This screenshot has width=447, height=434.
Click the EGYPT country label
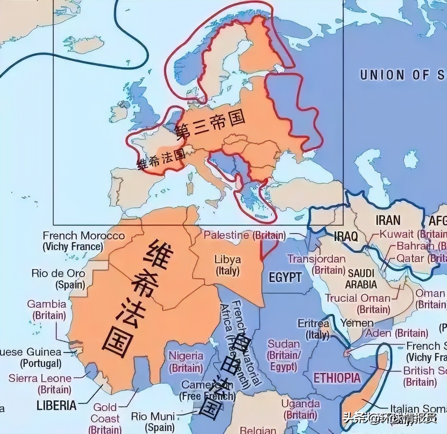pyautogui.click(x=285, y=277)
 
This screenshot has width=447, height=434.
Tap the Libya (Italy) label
pyautogui.click(x=227, y=265)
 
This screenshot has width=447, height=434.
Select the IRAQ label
pyautogui.click(x=346, y=236)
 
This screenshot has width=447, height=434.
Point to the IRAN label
pyautogui.click(x=388, y=220)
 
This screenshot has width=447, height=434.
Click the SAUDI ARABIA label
pyautogui.click(x=361, y=279)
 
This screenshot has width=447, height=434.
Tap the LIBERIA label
pyautogui.click(x=56, y=405)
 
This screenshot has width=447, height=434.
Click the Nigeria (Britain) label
pyautogui.click(x=186, y=362)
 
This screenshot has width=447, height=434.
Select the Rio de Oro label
pyautogui.click(x=58, y=273)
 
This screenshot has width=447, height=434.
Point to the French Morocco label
pyautogui.click(x=83, y=236)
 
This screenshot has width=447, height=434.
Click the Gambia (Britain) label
pyautogui.click(x=46, y=304)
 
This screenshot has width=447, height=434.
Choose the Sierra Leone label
pyautogui.click(x=40, y=378)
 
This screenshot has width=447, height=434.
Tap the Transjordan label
pyautogui.click(x=316, y=259)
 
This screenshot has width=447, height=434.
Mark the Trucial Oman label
pyautogui.click(x=358, y=298)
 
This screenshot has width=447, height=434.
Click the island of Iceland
pyautogui.click(x=85, y=45)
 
